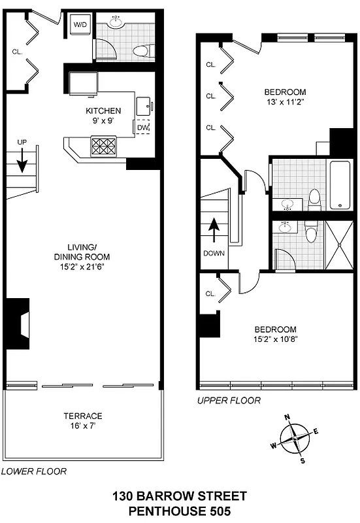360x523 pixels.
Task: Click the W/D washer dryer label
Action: tap(80, 25)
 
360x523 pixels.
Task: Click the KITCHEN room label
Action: tap(103, 110)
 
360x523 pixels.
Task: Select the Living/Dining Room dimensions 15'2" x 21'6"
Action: tap(84, 266)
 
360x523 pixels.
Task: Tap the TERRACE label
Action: tap(82, 416)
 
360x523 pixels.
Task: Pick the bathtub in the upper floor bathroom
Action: tap(342, 184)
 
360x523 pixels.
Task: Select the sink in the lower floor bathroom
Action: tap(116, 23)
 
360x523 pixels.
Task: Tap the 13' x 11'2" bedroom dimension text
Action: tap(285, 102)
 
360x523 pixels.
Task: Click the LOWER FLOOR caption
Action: tap(33, 471)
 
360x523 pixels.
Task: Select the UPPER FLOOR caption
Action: tap(229, 400)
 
